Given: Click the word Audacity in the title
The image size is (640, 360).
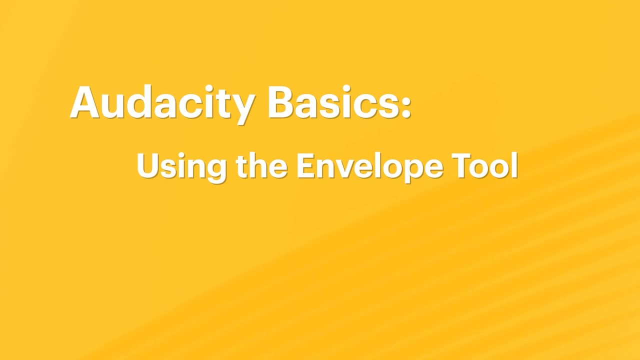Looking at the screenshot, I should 162,102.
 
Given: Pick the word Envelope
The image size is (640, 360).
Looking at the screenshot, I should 369,166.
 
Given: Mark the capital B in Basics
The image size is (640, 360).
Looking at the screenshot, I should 281,102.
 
